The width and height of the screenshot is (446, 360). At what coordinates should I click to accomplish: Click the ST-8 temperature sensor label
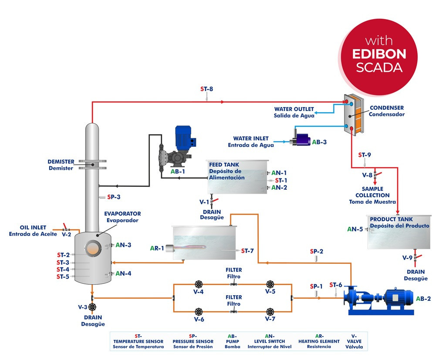206,89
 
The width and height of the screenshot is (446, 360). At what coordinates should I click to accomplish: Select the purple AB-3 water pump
301,140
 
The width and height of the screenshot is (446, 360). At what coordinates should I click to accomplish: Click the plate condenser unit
353,115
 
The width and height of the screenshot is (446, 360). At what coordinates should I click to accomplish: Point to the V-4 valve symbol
199,284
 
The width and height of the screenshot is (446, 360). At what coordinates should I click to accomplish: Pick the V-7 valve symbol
270,311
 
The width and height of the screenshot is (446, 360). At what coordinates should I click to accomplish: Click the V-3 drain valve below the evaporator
92,307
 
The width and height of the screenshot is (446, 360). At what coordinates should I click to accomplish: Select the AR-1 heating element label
157,249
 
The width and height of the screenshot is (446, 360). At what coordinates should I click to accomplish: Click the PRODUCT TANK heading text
391,219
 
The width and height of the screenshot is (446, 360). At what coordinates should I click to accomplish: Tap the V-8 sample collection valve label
367,175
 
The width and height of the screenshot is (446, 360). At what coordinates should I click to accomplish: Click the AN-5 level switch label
355,229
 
